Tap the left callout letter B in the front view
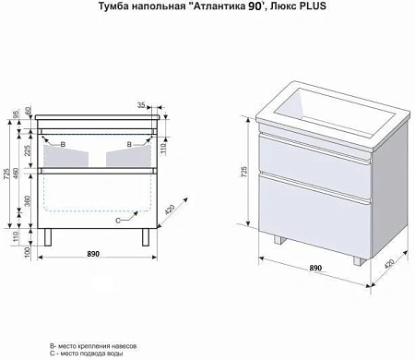coord(62,145)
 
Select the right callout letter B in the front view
coord(129,145)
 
